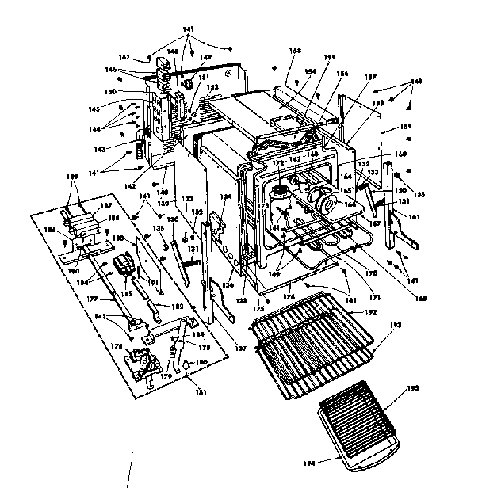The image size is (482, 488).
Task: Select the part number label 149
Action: tap(205, 57)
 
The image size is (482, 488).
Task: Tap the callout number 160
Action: tap(400, 154)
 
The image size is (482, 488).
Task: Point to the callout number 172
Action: tap(277, 163)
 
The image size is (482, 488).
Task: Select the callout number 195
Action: tap(409, 389)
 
